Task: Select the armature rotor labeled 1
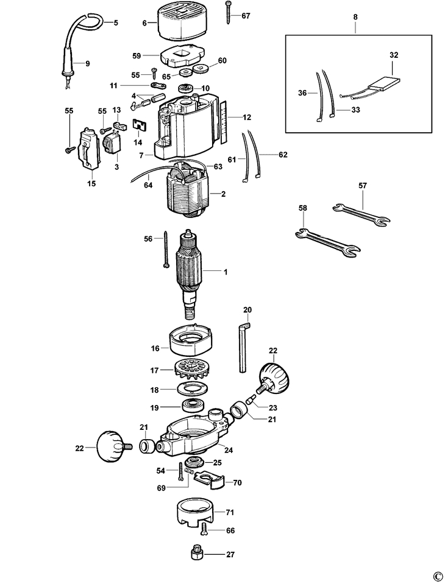[190, 274]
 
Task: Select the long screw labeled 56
[165, 249]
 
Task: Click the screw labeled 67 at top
[227, 13]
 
